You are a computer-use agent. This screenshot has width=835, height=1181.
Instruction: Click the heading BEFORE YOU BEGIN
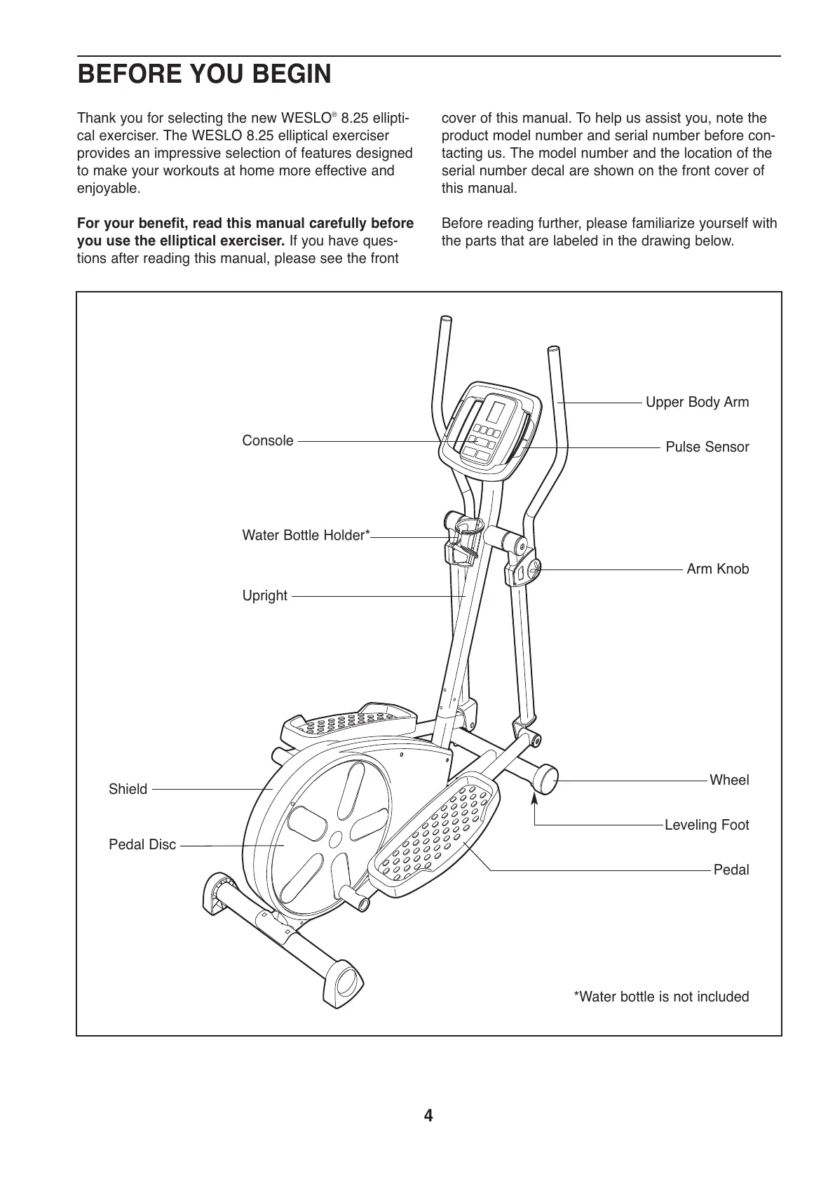204,74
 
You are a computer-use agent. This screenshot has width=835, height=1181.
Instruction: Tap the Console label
267,441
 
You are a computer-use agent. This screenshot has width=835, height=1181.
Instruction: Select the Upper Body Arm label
696,403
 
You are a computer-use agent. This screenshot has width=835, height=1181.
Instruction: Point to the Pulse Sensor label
707,447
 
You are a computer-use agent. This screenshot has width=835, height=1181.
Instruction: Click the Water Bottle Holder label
306,536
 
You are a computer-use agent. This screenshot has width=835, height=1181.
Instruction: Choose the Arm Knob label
717,569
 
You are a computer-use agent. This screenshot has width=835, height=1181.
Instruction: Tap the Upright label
264,596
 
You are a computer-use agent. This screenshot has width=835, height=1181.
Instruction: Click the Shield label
128,790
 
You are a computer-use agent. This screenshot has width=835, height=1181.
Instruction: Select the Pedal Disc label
142,845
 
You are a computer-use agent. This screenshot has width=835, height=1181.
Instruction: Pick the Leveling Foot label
706,825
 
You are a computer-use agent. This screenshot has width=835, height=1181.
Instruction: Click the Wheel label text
729,781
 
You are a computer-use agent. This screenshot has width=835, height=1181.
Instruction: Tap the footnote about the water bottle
661,997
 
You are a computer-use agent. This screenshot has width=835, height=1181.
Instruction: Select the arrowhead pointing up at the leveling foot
535,797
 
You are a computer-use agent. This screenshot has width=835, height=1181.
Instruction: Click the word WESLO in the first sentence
306,119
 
